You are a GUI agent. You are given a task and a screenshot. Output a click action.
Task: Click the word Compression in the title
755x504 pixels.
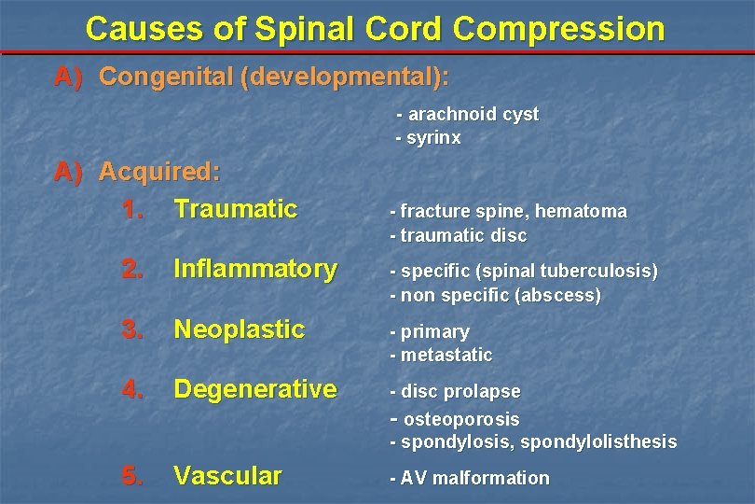(x=559, y=29)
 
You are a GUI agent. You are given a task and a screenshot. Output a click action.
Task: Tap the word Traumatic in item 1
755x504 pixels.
(x=235, y=209)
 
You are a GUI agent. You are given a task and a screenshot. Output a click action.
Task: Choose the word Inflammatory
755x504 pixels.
(x=255, y=269)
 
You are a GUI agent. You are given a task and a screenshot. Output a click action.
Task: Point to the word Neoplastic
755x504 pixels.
(x=240, y=329)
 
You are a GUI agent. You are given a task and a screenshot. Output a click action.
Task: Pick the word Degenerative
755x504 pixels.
(x=255, y=389)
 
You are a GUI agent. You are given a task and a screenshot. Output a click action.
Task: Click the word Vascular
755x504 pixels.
(x=227, y=476)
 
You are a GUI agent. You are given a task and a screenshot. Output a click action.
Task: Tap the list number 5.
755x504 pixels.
(x=132, y=476)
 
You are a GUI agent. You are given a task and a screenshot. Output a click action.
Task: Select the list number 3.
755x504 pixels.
(x=132, y=329)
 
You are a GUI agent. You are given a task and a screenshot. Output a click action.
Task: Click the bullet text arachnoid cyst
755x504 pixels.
(x=474, y=114)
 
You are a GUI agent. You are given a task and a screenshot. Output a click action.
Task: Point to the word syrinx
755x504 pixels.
(x=433, y=138)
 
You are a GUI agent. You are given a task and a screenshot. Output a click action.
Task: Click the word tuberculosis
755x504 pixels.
(x=603, y=272)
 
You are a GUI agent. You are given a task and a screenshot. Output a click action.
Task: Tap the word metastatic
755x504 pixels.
(x=446, y=356)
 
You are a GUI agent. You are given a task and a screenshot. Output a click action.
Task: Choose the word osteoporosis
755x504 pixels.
(x=461, y=419)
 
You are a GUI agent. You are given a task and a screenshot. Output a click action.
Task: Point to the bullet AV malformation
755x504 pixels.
(x=474, y=478)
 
